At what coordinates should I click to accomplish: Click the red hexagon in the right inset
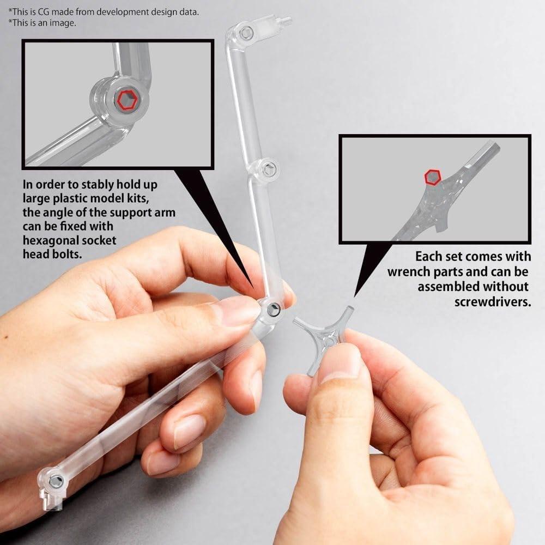433,178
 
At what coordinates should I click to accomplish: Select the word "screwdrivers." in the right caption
492,301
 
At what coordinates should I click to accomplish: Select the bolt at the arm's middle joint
267,169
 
